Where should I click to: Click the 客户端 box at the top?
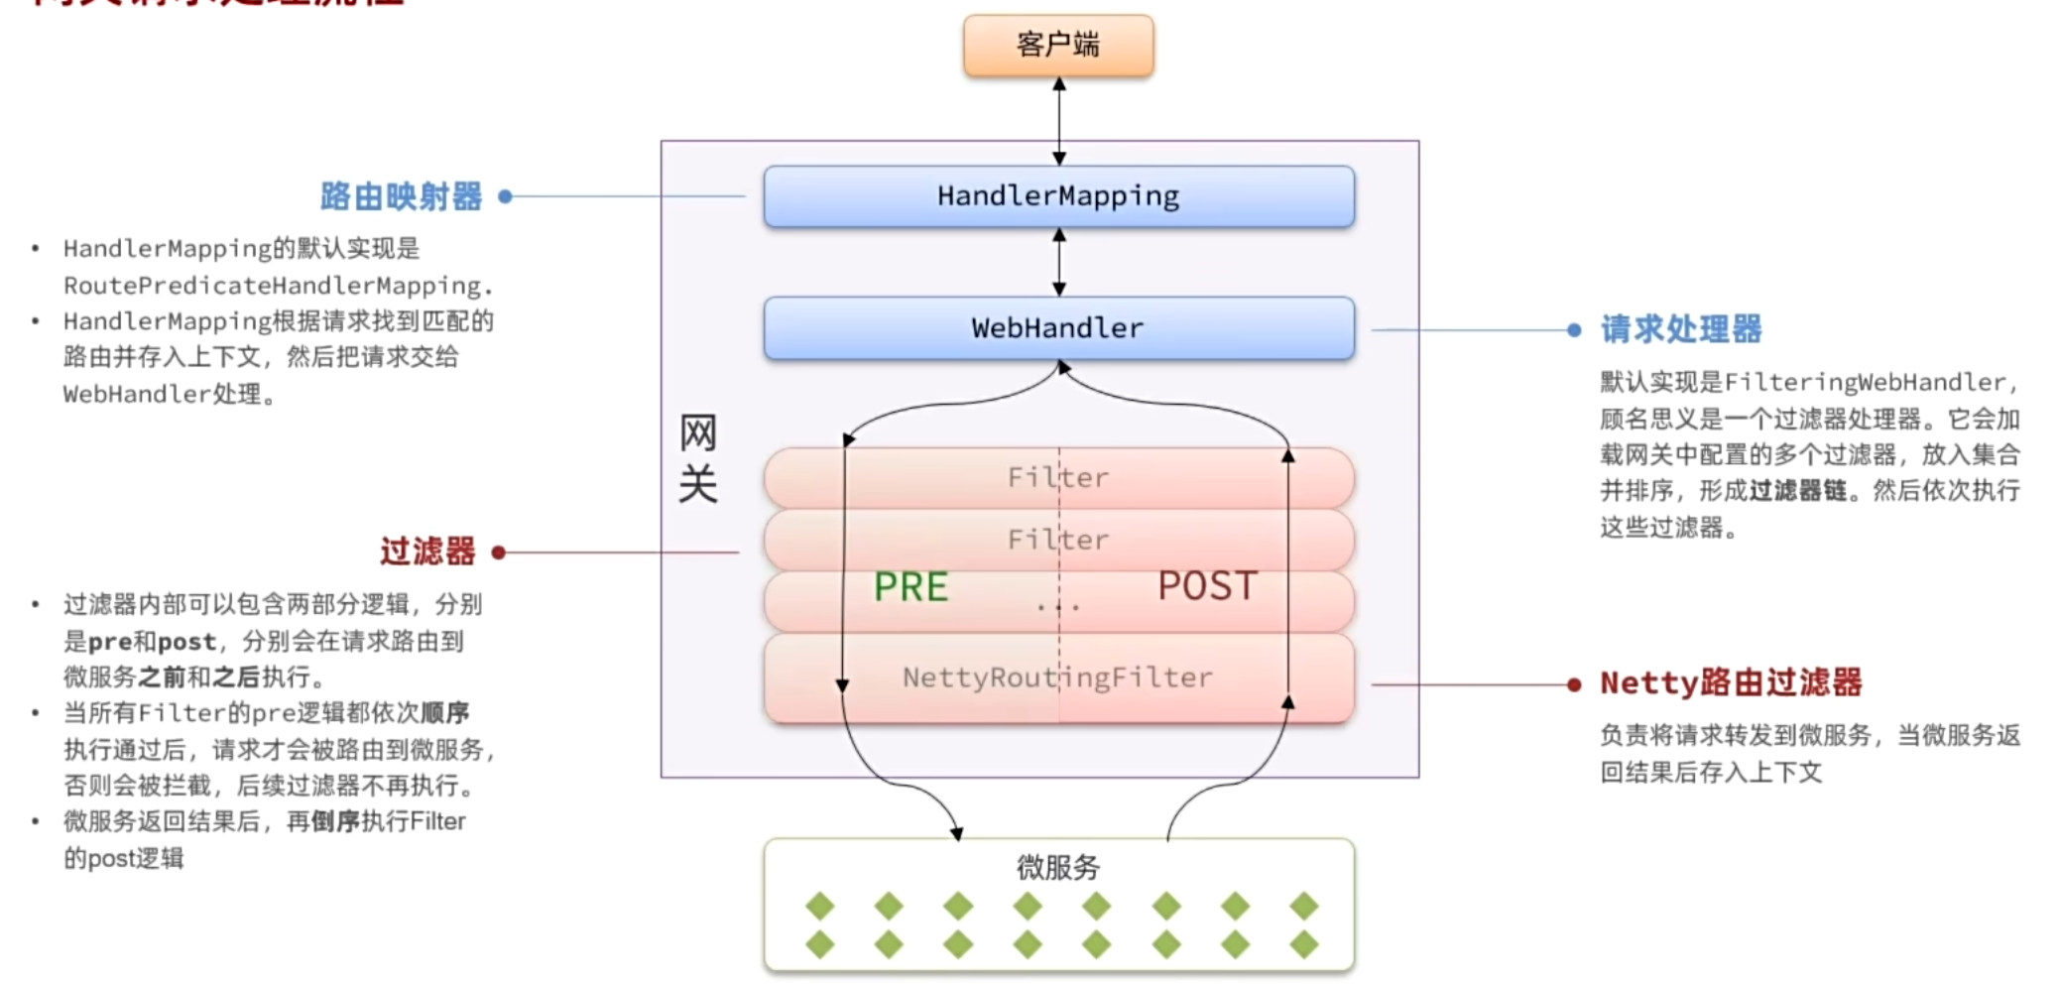(x=1058, y=46)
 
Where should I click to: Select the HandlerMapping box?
(x=1058, y=196)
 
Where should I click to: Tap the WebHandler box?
(x=1058, y=328)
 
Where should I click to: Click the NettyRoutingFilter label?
(x=1057, y=677)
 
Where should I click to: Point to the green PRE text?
(x=910, y=586)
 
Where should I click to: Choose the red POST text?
(x=1207, y=586)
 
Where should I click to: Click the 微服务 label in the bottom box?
(x=1058, y=868)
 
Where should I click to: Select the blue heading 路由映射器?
(x=401, y=196)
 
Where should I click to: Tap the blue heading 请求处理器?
(x=1681, y=329)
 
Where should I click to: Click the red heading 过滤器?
(x=427, y=552)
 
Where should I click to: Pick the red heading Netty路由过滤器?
(x=1731, y=683)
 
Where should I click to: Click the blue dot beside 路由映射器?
(x=505, y=196)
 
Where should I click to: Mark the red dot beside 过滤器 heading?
(x=499, y=553)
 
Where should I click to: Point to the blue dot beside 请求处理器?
(x=1574, y=330)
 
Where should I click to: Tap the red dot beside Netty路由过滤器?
(x=1574, y=684)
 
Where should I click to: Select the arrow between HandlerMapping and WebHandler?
(x=1059, y=262)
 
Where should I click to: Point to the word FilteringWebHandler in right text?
(x=1865, y=383)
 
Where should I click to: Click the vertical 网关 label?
(x=697, y=458)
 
